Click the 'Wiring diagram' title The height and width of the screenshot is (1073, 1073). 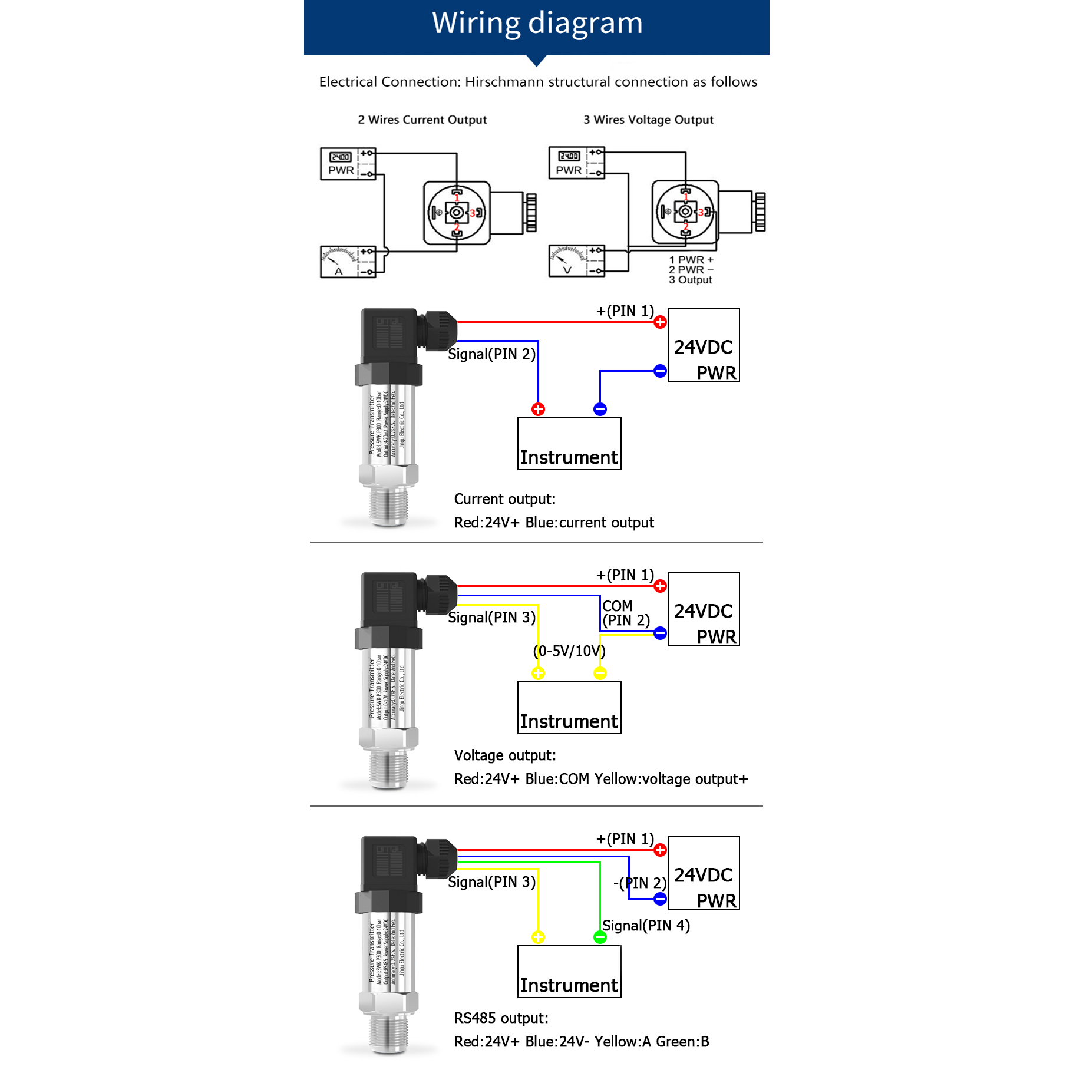537,24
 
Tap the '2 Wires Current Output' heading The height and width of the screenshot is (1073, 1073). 422,120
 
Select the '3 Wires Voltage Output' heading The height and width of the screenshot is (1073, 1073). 648,120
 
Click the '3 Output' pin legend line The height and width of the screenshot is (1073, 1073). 690,280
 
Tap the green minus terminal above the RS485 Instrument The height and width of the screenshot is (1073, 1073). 600,937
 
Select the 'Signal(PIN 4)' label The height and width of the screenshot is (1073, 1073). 646,926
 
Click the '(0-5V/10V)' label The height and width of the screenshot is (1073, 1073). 569,651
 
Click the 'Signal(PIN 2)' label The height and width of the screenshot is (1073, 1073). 491,354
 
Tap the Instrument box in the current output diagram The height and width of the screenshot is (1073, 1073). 569,444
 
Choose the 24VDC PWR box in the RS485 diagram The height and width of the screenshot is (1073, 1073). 704,873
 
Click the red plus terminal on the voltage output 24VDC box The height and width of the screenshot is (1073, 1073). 660,586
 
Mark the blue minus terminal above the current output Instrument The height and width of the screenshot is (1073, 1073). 600,410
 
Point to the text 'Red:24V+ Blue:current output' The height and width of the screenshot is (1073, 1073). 554,523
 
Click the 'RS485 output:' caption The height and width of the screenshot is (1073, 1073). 501,1018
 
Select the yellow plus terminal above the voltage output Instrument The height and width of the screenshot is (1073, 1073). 538,673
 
